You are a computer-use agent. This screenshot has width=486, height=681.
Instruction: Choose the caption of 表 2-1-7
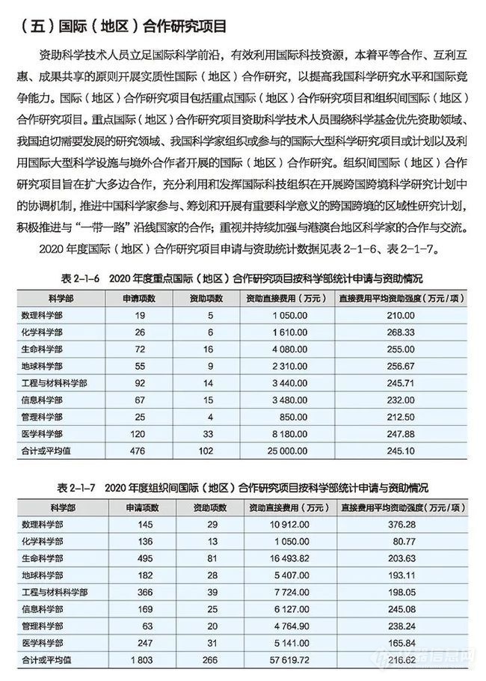239,487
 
